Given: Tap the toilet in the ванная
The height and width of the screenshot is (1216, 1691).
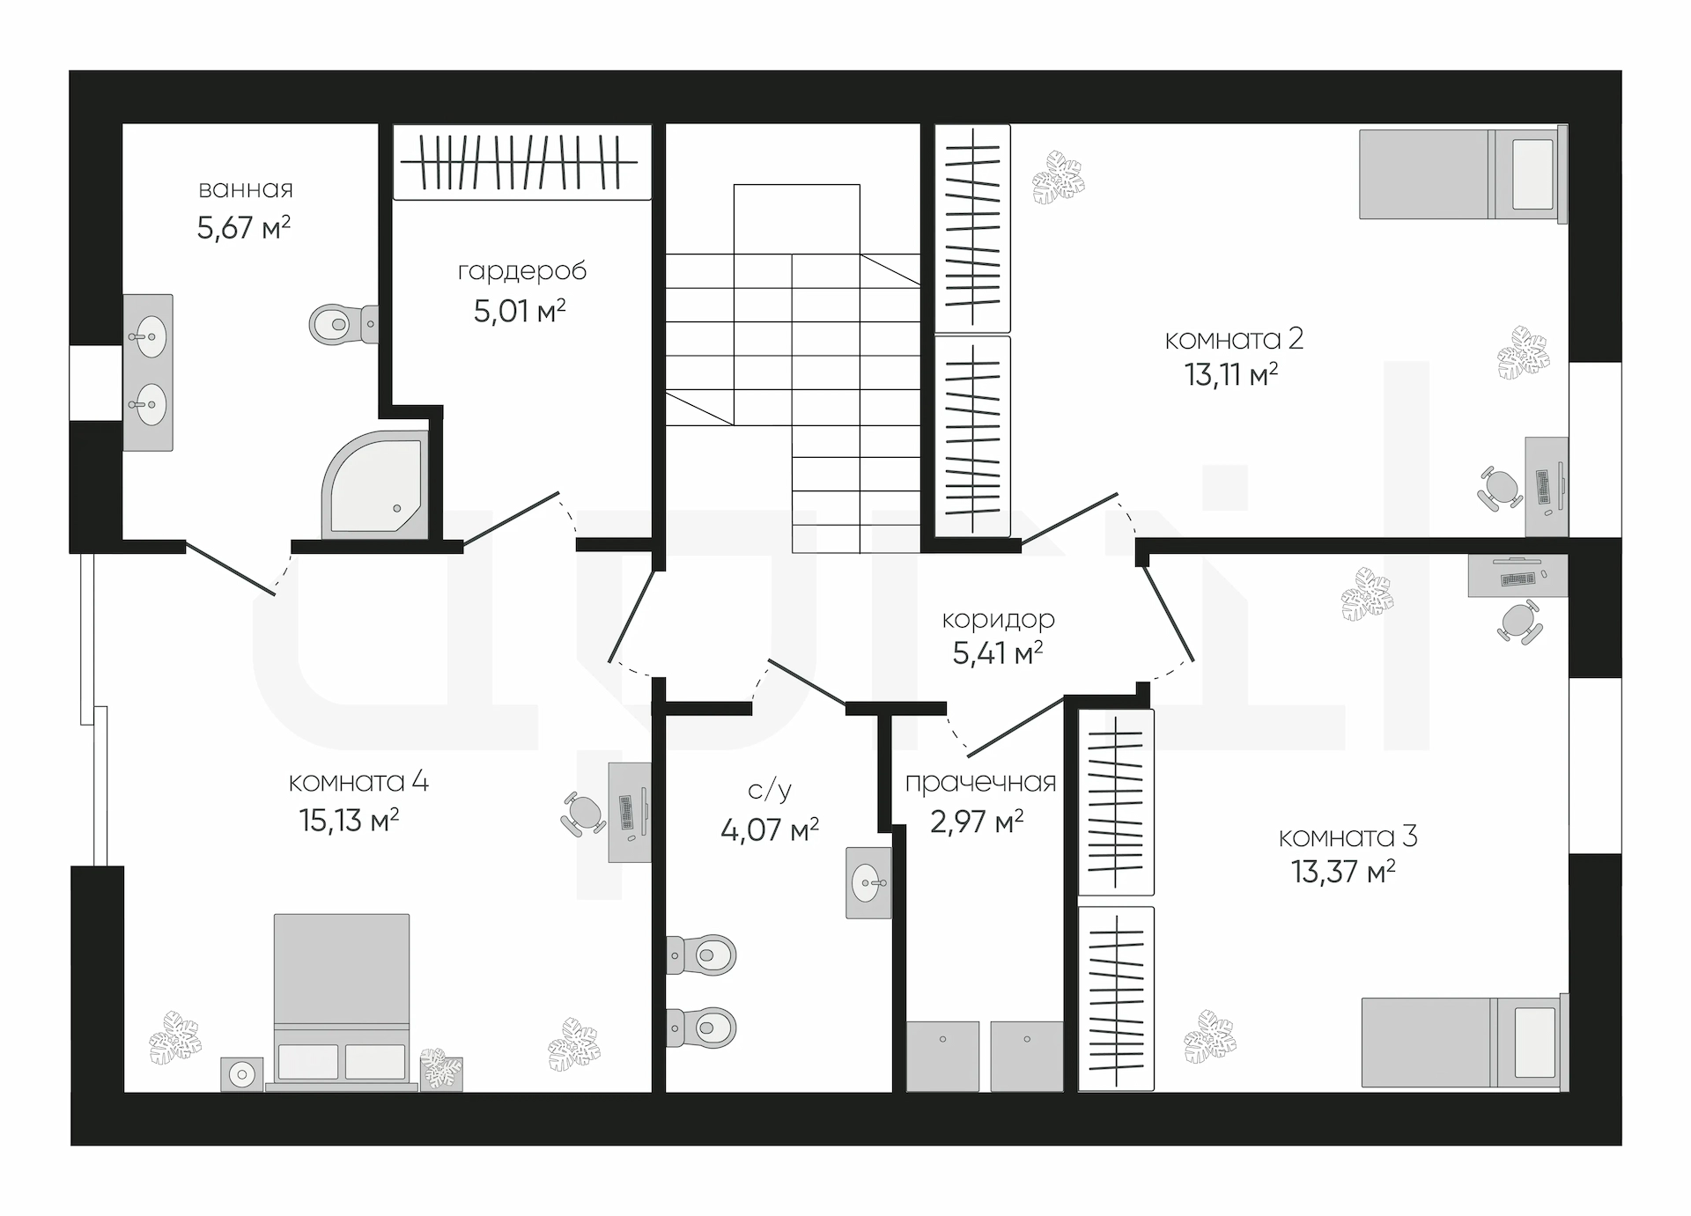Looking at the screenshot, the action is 343,324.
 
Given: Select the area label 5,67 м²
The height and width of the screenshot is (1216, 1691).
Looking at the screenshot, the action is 244,228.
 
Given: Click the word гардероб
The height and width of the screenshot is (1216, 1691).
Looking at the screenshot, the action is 522,271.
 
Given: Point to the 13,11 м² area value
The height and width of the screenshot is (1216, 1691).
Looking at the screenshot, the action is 1231,375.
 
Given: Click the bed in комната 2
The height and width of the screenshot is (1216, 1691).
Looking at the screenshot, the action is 1463,173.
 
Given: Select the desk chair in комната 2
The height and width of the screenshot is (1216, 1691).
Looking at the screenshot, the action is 1500,489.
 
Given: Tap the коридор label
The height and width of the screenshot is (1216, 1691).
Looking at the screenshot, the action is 998,619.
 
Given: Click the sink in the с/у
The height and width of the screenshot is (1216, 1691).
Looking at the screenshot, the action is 868,882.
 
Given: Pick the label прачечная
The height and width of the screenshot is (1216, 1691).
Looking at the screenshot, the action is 980,782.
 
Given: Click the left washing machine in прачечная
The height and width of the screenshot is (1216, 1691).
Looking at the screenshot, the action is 942,1057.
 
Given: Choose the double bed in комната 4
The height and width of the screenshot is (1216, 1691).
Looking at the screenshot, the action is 342,1002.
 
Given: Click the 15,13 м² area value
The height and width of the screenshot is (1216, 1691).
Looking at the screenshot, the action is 349,821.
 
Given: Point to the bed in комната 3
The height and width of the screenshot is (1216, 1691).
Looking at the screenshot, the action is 1465,1042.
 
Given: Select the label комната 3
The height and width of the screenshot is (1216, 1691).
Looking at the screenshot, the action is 1348,836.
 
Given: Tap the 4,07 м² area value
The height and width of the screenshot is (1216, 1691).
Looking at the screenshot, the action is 770,830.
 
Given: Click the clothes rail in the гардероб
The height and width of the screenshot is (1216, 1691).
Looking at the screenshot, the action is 520,162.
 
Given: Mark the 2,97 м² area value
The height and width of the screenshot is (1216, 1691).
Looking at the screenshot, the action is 977,822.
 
